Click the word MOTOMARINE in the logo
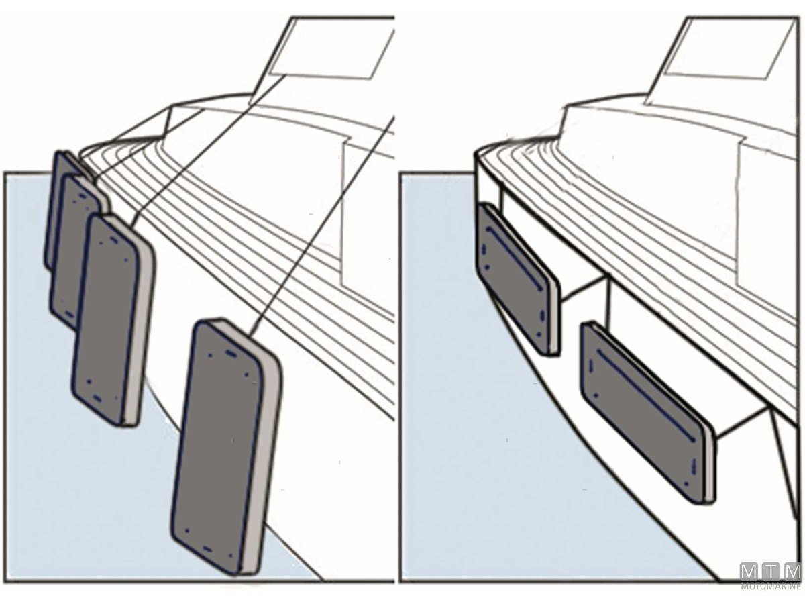(x=770, y=597)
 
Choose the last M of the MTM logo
(x=791, y=582)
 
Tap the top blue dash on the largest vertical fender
(x=231, y=354)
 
